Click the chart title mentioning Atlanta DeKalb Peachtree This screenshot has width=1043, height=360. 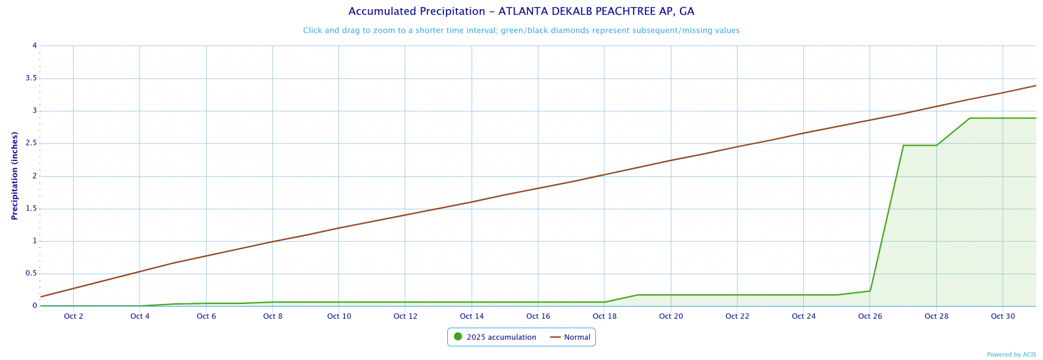[521, 11]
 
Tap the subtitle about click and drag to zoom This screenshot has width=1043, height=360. [521, 31]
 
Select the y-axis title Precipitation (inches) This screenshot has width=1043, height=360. [14, 175]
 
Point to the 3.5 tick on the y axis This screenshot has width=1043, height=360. [30, 78]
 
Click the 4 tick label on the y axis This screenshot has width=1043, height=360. [34, 46]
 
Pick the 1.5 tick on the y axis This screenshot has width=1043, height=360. [30, 209]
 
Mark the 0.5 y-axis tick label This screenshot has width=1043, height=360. [30, 273]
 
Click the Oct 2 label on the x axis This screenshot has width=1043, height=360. [74, 317]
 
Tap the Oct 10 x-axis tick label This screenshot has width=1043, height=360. [339, 317]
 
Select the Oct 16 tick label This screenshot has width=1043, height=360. [538, 317]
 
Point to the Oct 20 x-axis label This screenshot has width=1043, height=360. [671, 317]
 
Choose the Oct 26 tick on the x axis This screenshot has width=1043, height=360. [870, 317]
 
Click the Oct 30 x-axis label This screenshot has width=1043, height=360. [1003, 317]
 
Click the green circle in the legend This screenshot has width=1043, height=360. [458, 337]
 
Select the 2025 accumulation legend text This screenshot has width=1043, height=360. [501, 337]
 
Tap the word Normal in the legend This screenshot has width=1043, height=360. [577, 337]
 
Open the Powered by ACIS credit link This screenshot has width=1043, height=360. [1011, 355]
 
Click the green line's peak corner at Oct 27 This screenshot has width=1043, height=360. [903, 145]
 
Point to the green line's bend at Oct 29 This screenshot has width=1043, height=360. [970, 118]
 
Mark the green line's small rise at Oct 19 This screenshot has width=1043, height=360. [638, 295]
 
